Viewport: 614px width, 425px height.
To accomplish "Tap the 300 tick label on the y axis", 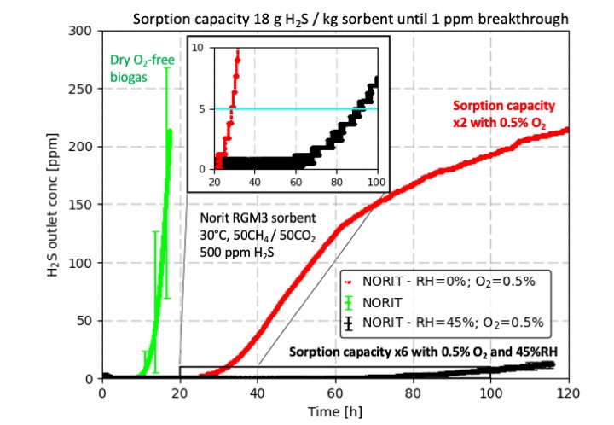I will pyautogui.click(x=83, y=30).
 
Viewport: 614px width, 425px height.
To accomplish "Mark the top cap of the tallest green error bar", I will pyautogui.click(x=166, y=68).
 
